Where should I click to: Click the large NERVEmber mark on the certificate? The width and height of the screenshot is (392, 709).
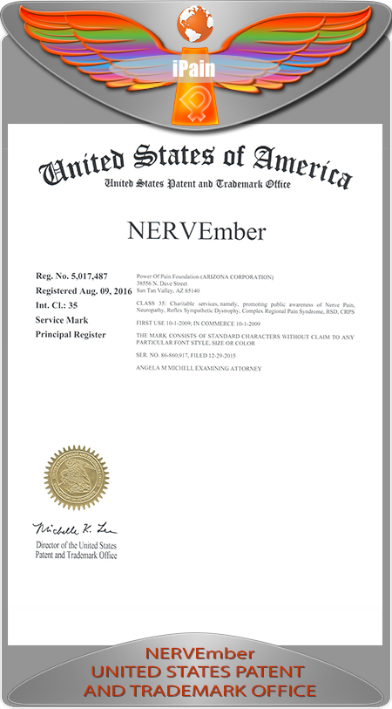point(195,232)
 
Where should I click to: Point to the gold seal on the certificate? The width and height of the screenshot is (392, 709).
point(77,478)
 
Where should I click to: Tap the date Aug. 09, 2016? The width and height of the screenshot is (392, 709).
point(105,290)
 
